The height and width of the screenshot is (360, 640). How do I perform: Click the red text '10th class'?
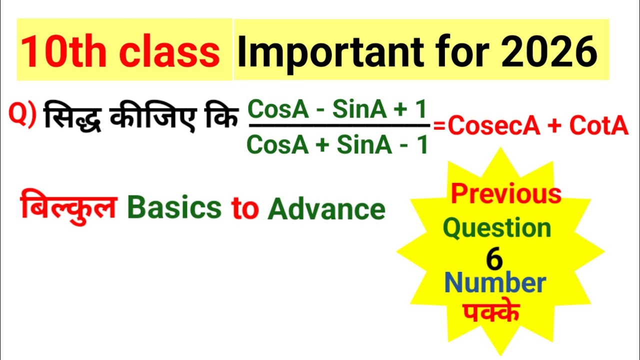tap(120, 51)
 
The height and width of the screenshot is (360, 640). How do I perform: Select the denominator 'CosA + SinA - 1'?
tap(338, 145)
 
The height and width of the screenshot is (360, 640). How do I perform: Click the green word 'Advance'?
tap(326, 209)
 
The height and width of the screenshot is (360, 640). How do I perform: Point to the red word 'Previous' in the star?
tap(506, 194)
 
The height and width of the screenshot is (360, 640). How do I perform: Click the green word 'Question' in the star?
tap(497, 228)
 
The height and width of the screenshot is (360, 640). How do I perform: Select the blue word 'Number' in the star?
tap(494, 283)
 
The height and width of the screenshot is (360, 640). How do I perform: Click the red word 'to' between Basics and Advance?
tap(244, 209)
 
